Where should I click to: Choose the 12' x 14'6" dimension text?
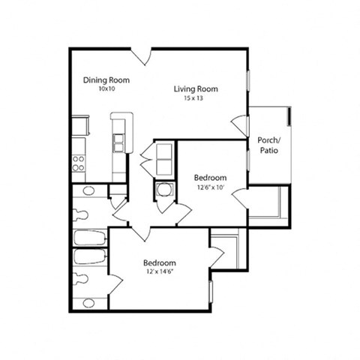[159, 272]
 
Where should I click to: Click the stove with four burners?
[79, 163]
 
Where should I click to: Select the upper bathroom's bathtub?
[91, 241]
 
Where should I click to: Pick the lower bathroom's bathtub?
[91, 259]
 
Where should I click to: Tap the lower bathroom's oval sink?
[88, 303]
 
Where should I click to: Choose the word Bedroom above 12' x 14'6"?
[159, 263]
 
